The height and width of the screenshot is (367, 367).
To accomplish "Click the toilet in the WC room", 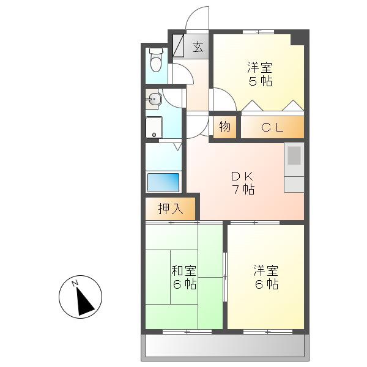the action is [x=156, y=60].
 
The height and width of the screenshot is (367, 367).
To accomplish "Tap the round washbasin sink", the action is [x=154, y=100].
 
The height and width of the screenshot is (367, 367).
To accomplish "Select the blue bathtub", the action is [x=163, y=182].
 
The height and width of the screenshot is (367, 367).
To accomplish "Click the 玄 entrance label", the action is [x=198, y=46].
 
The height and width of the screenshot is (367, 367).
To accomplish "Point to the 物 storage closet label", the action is [x=224, y=127].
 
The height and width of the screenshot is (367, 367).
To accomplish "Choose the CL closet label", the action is [x=272, y=128].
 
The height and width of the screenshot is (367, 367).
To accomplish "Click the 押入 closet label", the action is [x=171, y=209].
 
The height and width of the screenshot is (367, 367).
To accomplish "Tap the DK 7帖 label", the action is [x=243, y=183].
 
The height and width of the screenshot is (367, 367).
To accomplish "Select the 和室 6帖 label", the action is [x=184, y=277].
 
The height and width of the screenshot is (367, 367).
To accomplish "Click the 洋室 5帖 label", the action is [x=260, y=74].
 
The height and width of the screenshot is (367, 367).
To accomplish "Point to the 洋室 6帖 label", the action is [x=266, y=277].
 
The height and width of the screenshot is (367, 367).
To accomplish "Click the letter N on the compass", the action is [x=75, y=283].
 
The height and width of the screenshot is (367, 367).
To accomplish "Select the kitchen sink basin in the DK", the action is [x=294, y=155].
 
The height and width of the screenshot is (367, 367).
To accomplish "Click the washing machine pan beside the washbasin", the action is [x=154, y=127].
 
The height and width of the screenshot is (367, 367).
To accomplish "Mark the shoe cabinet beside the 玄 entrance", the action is [x=179, y=46].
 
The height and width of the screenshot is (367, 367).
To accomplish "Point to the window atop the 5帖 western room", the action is [x=258, y=31].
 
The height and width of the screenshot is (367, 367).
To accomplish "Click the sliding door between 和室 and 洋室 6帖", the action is [x=225, y=277].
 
